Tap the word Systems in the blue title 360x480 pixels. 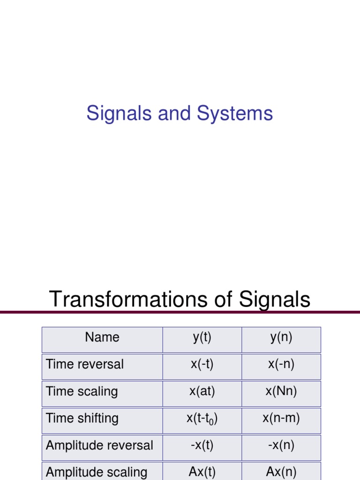pos(235,114)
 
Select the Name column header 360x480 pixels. pos(102,337)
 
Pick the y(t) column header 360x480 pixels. pos(202,337)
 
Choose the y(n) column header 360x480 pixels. pos(281,337)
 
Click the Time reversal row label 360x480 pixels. pos(85,364)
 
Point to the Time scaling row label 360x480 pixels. pos(82,391)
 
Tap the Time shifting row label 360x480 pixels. pos(82,418)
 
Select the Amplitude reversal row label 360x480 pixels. pos(99,445)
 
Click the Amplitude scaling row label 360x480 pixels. pos(97,472)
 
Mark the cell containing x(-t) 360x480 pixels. pos(202,364)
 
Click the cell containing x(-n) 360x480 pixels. pos(281,364)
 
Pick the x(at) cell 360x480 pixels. pos(202,391)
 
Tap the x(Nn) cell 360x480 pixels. pos(281,391)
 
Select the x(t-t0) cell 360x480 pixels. pos(202,419)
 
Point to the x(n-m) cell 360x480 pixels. pos(281,418)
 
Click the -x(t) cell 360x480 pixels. pos(202,445)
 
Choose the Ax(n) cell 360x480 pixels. pos(281,472)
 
